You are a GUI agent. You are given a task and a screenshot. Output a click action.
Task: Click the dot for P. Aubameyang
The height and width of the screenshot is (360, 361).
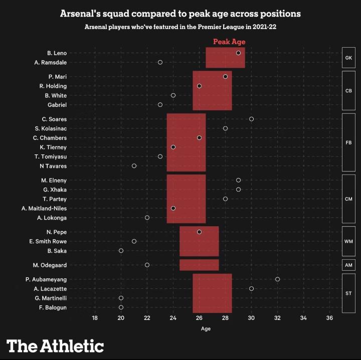[x=277, y=279]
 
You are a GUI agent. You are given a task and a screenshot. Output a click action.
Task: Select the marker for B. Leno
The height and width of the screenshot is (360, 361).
[x=238, y=53]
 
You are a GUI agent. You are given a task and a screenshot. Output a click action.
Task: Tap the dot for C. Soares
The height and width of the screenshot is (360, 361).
[x=251, y=119]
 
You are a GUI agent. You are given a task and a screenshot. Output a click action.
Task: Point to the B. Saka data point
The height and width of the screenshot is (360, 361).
[x=121, y=251]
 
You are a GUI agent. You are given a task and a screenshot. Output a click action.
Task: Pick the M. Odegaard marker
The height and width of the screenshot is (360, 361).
[x=147, y=265]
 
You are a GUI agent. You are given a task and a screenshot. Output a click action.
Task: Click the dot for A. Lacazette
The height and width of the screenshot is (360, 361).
[x=251, y=288]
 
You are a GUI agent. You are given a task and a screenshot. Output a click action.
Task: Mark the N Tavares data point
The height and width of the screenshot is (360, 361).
[x=134, y=165]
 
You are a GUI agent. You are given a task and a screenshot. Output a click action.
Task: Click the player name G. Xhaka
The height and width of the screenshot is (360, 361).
[x=55, y=190]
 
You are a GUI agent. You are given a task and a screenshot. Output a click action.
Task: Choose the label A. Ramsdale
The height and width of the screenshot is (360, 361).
[x=51, y=62]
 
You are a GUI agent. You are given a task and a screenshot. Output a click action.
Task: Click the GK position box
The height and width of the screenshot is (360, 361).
[x=348, y=58]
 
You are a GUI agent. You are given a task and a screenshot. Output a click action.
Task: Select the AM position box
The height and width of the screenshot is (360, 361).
[x=348, y=265]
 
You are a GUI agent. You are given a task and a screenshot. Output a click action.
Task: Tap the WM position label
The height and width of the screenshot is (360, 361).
[x=348, y=242]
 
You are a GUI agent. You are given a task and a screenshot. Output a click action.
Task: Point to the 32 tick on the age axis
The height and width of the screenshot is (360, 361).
[x=277, y=318]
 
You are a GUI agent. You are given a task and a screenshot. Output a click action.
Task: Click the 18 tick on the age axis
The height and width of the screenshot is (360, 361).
[x=95, y=318]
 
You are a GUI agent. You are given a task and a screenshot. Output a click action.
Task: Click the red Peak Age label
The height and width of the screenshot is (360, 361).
[x=229, y=42]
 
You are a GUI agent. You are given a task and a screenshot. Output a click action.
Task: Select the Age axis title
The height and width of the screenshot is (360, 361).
[x=206, y=329]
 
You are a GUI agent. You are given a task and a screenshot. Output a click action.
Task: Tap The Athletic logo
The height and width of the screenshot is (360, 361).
[x=55, y=345]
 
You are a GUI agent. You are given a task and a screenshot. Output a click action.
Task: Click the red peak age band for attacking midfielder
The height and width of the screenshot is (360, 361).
[x=199, y=265]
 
